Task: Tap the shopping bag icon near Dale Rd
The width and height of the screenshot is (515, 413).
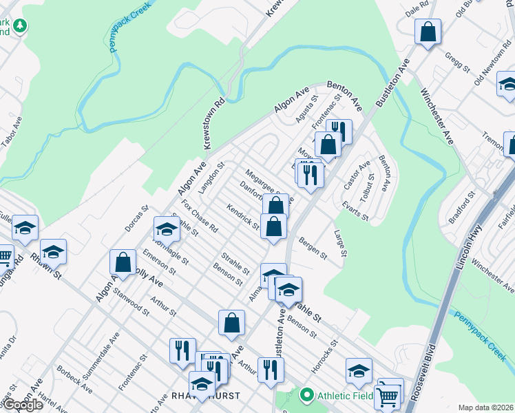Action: [428, 32]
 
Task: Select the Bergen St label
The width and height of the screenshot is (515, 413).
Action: [313, 248]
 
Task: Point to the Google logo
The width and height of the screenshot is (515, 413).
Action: [22, 405]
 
